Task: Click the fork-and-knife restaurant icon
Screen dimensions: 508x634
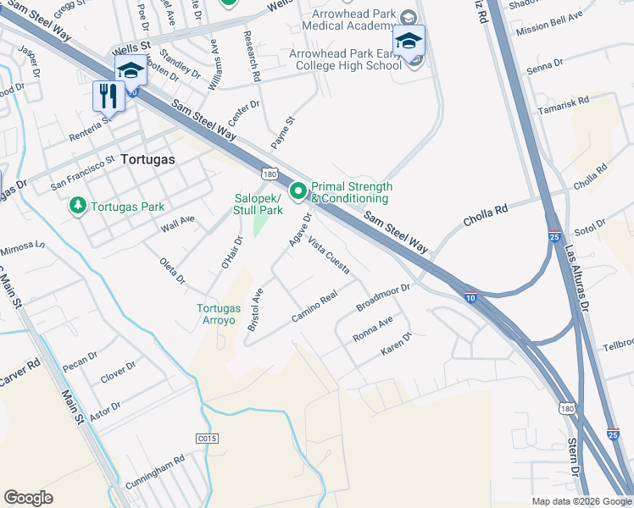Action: pos(108,96)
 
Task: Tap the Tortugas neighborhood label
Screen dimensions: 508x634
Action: pos(147,158)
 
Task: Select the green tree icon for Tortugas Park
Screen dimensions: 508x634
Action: pos(78,206)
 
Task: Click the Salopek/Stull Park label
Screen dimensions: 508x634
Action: pos(259,204)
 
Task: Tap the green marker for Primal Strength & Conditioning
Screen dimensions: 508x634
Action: pos(298,192)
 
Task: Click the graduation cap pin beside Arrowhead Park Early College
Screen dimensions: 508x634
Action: pos(409,41)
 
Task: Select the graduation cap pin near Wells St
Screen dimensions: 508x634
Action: pos(131,70)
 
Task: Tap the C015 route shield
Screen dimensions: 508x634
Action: pos(207,438)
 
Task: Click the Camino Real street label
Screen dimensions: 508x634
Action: pos(314,306)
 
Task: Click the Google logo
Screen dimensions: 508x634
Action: pos(28,498)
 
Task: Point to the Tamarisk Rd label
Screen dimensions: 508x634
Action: pos(564,107)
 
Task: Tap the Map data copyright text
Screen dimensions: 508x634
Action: pos(580,501)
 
